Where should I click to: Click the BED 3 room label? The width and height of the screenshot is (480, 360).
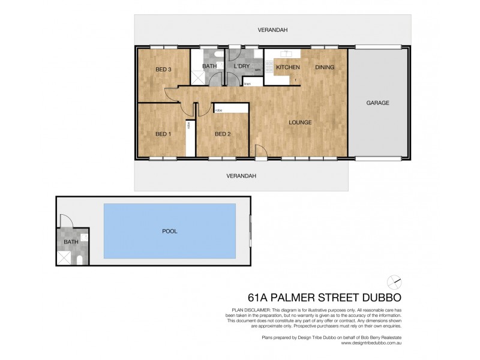pos(163,70)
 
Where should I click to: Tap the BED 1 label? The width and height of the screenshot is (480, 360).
pos(163,134)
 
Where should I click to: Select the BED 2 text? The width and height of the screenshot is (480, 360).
pos(223,134)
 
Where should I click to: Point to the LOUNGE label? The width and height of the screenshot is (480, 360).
pos(299,122)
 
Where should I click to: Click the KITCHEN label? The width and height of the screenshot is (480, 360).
pos(287,67)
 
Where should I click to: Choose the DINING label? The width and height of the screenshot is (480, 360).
pos(325,67)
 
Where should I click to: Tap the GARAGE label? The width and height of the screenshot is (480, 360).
pos(378,103)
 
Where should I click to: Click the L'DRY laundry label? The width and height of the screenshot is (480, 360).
pos(241,67)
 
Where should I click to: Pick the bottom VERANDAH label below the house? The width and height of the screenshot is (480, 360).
pos(241,176)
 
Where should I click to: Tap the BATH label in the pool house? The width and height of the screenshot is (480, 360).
pos(71,242)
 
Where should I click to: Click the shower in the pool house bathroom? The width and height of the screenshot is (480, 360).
pos(64,258)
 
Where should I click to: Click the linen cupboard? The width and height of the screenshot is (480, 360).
pos(247,84)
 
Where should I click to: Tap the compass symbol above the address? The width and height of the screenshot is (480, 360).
pos(394,281)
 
